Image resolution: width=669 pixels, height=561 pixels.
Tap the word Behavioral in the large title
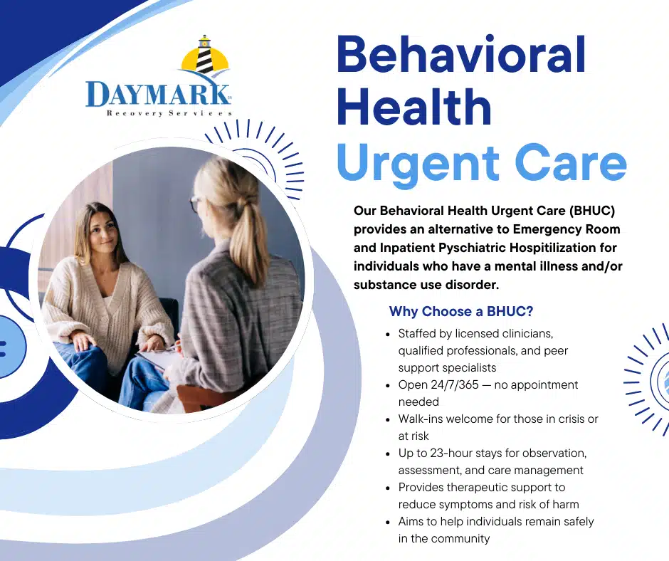point(461,56)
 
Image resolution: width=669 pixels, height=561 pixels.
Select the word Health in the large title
point(413,109)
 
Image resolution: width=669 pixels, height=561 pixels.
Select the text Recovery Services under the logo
point(169,113)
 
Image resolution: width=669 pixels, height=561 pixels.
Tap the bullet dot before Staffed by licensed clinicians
point(387,333)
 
